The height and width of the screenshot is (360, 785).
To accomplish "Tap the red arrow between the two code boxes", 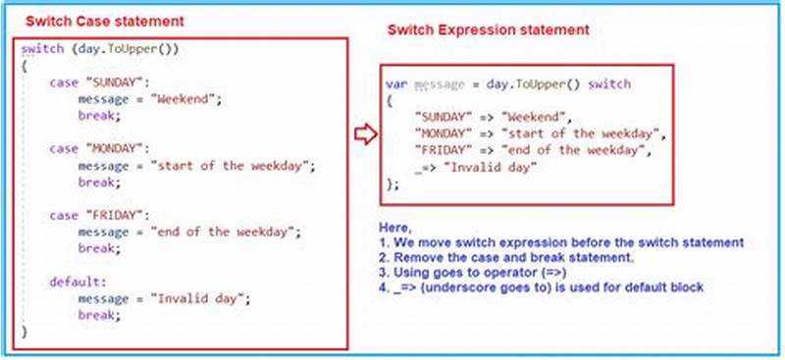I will pos(365,134).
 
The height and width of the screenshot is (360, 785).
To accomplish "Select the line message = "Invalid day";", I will pos(165,298).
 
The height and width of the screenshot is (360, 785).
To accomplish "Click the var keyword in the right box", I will pos(395,85).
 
